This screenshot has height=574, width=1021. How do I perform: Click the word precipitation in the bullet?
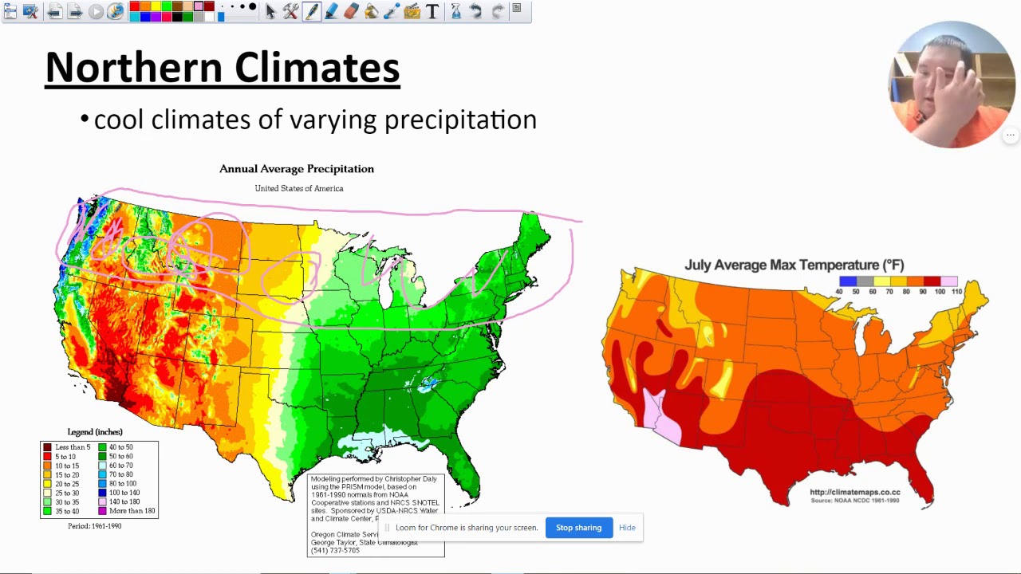pos(460,120)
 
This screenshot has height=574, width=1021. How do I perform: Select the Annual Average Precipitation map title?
pos(296,169)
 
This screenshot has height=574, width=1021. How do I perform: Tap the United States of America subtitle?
pos(299,188)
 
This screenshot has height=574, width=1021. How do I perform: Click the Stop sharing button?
pos(578,528)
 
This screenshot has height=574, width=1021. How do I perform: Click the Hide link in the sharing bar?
pos(627,528)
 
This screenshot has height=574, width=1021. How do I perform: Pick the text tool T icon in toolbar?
pos(432,11)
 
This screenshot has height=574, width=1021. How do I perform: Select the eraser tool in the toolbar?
pos(351,11)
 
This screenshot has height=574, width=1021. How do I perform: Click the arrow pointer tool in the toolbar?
pos(270,11)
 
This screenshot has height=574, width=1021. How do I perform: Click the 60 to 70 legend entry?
pos(121,466)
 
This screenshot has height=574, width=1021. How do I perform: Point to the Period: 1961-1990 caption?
pos(94,526)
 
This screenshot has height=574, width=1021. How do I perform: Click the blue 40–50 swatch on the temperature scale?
pos(847,281)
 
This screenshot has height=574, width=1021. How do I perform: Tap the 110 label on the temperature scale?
pos(957,292)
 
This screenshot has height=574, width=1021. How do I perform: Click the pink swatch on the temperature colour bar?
pos(949,281)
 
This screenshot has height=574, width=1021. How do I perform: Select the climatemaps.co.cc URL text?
pos(854,493)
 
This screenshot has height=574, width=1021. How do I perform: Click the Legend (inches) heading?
pos(95,432)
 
